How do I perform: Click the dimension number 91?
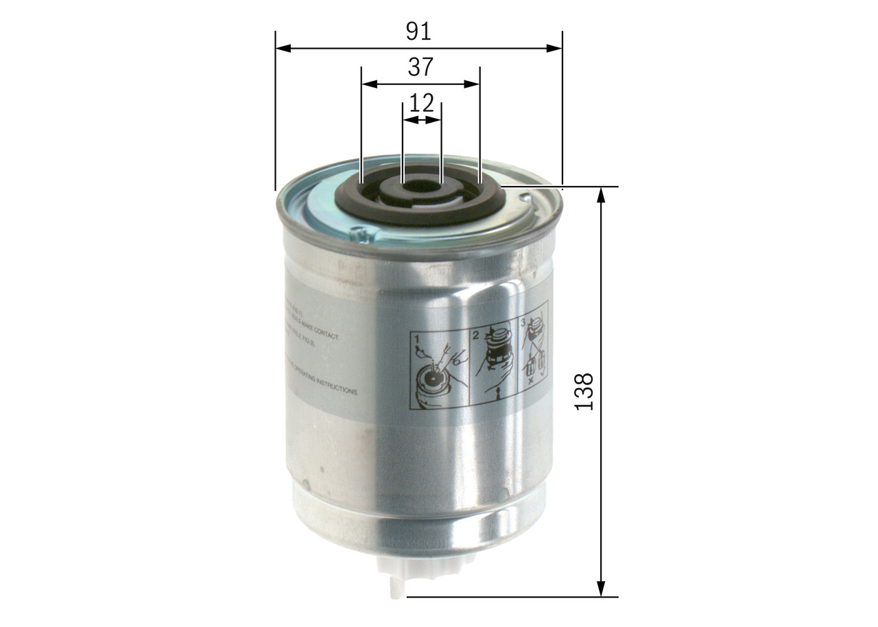418,31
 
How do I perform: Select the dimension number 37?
420,67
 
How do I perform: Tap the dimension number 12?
421,103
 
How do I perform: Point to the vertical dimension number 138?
584,392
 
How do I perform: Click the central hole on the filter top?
421,185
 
